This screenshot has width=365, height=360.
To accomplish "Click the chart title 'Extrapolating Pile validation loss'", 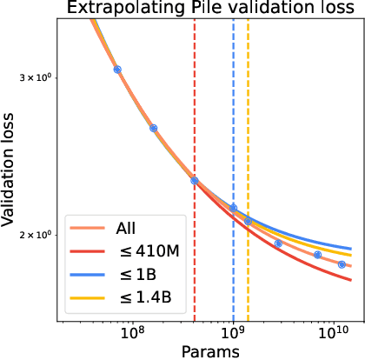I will [202, 10].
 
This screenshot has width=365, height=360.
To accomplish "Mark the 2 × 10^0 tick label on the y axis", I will [38, 235].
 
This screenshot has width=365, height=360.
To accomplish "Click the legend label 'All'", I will [127, 229].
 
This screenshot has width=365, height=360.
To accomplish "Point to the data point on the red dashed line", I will [195, 181].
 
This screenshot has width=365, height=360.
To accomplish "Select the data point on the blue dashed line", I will [233, 208].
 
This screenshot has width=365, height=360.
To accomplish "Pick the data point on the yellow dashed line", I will [248, 221].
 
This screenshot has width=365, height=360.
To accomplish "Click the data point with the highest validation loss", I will [117, 70].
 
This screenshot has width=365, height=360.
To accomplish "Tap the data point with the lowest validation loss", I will [342, 264].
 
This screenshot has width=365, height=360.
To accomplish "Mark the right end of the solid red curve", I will [351, 280].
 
